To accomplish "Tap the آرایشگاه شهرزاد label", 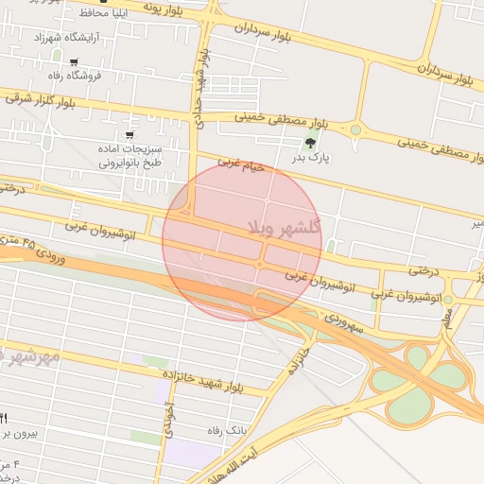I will pos(60,38).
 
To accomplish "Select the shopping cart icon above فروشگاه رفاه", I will pos(74,62).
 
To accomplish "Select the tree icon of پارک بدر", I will pos(310,143).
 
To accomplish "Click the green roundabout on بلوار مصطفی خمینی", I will pos(355,130).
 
